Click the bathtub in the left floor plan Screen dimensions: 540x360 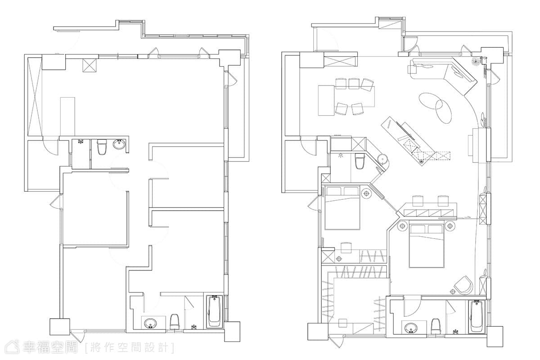tap(214, 311)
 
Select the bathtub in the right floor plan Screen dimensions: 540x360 tap(477, 317)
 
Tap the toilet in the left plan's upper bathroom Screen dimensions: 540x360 tap(102, 147)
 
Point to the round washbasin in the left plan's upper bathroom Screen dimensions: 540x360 tap(119, 145)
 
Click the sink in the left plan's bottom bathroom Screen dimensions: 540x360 tap(150, 323)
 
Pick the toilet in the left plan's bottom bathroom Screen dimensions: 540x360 tap(175, 321)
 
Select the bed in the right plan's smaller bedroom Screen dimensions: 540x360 tap(342, 207)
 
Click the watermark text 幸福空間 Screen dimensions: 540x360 tap(50, 347)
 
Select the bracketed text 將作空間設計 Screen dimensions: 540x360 tap(130, 347)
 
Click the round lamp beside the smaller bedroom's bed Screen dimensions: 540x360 tap(366, 193)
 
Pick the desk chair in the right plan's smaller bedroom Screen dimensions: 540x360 tap(346, 247)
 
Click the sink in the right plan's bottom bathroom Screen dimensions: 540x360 tap(411, 328)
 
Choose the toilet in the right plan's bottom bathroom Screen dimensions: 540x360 tap(436, 327)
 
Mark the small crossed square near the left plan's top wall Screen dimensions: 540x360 tap(90, 65)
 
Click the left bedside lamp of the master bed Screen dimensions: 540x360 tap(402, 226)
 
